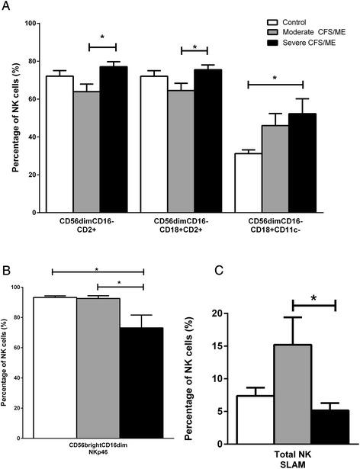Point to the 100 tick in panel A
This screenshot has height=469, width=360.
[x=31, y=23]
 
